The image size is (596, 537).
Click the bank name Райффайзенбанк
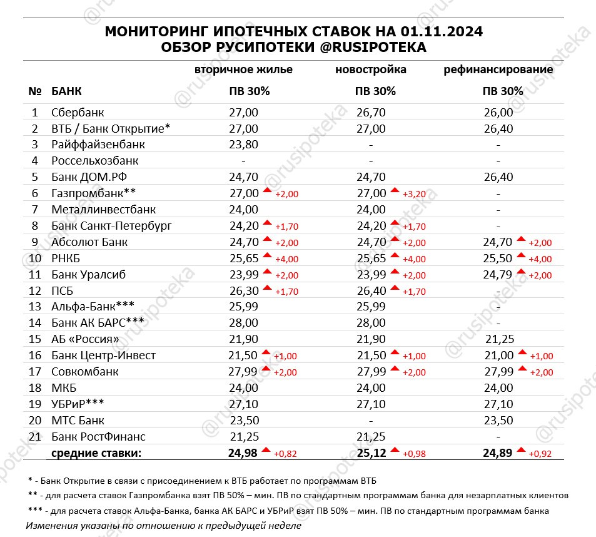[98, 145]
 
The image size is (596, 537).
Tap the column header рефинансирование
[498, 69]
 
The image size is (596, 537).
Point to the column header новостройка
[371, 69]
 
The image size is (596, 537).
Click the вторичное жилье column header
[244, 69]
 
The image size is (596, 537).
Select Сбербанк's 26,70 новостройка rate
[371, 113]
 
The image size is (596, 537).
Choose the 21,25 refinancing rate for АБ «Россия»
[498, 339]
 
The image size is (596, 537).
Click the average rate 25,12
[371, 453]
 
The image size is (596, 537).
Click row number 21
[35, 436]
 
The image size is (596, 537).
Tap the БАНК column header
[66, 91]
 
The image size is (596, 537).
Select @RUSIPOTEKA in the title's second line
[368, 48]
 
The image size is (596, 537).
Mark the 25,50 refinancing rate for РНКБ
[498, 258]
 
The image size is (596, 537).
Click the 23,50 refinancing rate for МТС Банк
[498, 420]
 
